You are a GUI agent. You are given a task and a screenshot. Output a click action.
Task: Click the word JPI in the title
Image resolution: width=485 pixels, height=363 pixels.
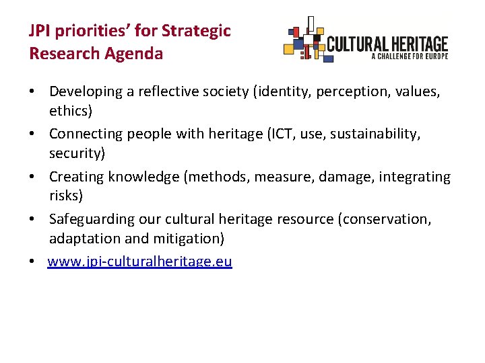pos(38,31)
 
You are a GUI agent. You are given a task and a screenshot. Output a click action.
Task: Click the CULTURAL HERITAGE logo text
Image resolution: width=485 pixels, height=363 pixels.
pos(387,44)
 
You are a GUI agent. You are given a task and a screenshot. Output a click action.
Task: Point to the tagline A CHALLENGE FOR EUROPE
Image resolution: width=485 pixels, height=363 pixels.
pos(409,57)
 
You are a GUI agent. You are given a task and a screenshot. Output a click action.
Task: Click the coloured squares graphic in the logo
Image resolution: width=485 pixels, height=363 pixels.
pos(304,40)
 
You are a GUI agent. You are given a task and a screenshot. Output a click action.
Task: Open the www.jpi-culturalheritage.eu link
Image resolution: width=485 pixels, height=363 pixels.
pos(139,261)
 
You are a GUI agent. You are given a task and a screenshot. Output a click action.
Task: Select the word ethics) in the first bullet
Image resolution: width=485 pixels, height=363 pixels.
pos(71,110)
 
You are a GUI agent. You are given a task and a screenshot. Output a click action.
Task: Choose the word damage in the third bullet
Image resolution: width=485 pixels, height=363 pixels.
pos(346,177)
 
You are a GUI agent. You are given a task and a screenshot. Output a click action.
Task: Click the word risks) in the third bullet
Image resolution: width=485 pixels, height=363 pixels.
pos(66,196)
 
